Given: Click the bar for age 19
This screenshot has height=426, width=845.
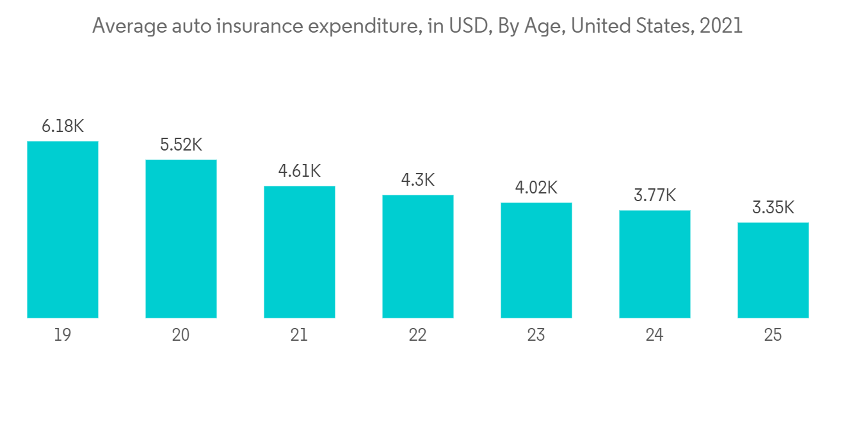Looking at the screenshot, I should coord(63,229).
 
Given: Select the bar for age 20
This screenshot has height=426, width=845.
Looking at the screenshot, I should coord(181,238).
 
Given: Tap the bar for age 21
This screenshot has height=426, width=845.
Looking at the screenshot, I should coord(300,252).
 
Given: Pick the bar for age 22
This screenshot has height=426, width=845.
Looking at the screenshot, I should coord(418,256).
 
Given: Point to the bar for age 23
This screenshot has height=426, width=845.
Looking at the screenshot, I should coord(536,260).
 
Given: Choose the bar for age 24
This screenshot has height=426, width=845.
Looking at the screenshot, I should coord(655,264).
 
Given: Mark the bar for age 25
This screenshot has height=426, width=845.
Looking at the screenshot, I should coord(773,270).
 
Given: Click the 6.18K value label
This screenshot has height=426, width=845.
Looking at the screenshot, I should coord(63,126).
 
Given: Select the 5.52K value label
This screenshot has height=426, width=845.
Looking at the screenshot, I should coord(181,145).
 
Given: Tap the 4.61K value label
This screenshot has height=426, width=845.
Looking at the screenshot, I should coord(300,171).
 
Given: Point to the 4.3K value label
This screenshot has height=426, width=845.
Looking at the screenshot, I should coord(418,180).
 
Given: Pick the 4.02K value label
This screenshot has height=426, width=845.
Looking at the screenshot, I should coord(536,188).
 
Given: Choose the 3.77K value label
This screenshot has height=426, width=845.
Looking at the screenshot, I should coord(655,195).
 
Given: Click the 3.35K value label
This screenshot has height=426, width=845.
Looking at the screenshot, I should coord(773,208).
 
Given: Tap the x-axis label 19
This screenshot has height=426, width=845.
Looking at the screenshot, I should coord(63,335).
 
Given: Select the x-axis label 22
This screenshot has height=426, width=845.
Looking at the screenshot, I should coord(418,335).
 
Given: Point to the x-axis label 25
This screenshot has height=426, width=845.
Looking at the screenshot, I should coord(773,335).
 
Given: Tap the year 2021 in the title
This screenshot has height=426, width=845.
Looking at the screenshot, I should coord(721,26).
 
